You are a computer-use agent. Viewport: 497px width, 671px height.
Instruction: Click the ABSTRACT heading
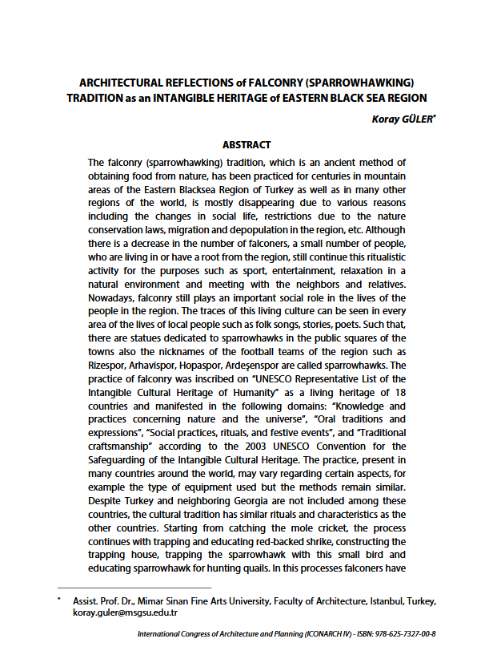coord(246,145)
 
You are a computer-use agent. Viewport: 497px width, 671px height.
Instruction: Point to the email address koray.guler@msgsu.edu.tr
coord(124,612)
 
